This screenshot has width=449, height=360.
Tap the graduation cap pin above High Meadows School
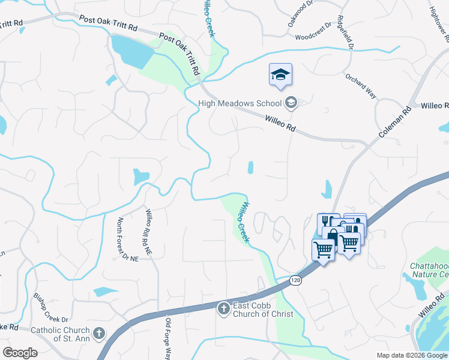(280, 75)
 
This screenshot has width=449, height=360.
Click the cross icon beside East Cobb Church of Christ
(223, 308)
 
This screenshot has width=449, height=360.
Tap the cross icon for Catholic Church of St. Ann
(99, 332)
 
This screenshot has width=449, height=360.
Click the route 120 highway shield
(295, 280)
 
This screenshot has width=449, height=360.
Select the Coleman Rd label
(394, 124)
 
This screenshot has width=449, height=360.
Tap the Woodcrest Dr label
(313, 37)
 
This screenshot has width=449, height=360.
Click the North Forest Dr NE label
(127, 239)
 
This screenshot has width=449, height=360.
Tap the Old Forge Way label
(169, 338)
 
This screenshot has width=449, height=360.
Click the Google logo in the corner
(20, 353)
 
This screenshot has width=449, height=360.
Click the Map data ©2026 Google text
(412, 355)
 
